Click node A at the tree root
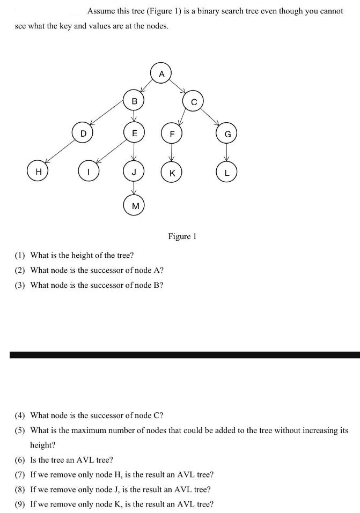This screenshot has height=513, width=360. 161,73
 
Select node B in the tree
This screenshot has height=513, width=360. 134,101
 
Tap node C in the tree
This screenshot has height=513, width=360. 194,101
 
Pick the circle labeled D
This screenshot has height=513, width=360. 83,132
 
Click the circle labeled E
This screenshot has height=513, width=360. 134,132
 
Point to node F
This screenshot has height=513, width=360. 171,133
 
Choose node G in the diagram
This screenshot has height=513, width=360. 227,133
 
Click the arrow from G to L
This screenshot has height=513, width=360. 227,153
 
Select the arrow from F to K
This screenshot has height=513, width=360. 171,153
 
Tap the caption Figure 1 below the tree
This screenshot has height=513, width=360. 182,236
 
